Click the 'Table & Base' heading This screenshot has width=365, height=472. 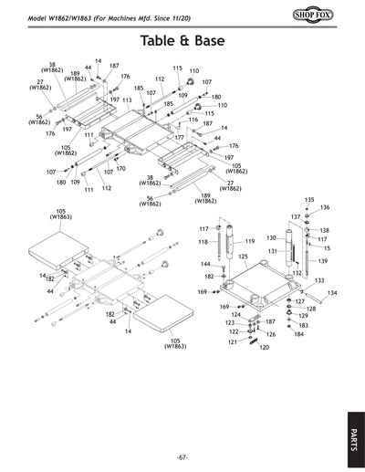[x=182, y=41]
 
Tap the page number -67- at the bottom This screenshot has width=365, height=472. [x=182, y=456]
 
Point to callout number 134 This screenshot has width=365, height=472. [x=332, y=293]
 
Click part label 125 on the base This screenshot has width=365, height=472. [x=244, y=257]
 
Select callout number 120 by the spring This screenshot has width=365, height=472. [x=265, y=348]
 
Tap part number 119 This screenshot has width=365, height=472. [x=249, y=241]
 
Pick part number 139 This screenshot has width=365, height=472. [x=322, y=261]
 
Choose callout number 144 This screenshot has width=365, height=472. [x=206, y=264]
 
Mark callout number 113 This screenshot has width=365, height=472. [x=127, y=100]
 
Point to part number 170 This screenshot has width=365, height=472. [x=120, y=169]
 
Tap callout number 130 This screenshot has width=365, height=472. [x=271, y=238]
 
